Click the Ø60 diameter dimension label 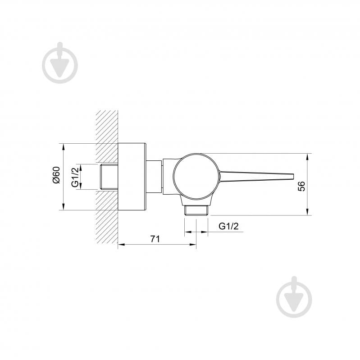(56, 175)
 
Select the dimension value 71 (155, 239)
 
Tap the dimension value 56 (301, 186)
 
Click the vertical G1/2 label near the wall (75, 177)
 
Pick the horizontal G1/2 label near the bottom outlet (228, 226)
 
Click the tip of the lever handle (293, 176)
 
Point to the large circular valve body (196, 176)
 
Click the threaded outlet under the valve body (196, 210)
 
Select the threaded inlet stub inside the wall (109, 177)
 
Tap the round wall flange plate (132, 177)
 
